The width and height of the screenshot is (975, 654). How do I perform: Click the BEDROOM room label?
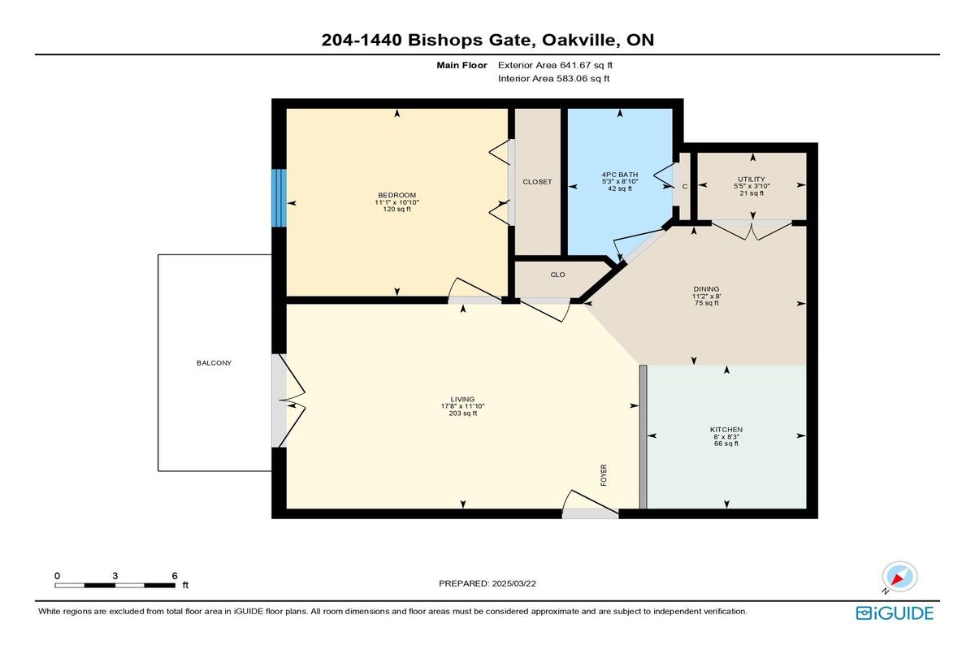pos(396,195)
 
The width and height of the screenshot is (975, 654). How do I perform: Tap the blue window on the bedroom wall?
pos(279,198)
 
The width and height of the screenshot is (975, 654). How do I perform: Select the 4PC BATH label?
pos(620,175)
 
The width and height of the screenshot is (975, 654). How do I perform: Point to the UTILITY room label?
pos(752,180)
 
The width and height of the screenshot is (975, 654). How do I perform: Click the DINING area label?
pos(706,289)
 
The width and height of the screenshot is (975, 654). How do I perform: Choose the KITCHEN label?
pos(726,430)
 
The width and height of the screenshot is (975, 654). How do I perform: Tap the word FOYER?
pos(604,475)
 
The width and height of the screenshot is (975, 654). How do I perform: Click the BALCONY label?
pos(214,363)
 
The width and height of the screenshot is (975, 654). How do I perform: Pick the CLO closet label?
pos(557,275)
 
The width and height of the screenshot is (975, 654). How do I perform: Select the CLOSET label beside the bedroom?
pos(537,182)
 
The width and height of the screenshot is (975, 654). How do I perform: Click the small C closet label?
pos(685,187)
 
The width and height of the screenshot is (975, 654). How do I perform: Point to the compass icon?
pos(899,577)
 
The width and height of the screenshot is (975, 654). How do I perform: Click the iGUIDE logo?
pos(895,613)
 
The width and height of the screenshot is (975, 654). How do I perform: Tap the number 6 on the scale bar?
pos(175,576)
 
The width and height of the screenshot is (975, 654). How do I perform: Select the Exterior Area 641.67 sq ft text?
pos(556,65)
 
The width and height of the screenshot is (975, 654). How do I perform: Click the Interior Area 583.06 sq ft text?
pos(553,79)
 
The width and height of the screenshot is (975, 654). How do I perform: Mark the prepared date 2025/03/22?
pos(514,583)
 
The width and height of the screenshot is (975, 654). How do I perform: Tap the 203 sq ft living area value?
pos(462,414)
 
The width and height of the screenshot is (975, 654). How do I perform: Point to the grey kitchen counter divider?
pos(643,437)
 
